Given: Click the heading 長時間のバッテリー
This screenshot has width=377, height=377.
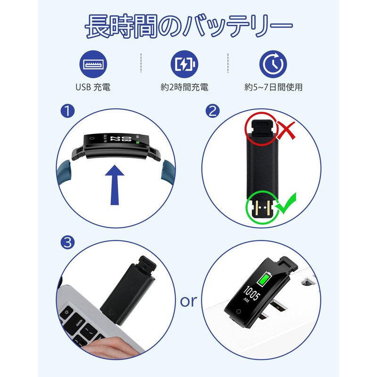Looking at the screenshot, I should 188,27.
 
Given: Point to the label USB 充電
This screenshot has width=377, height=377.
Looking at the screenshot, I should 93,87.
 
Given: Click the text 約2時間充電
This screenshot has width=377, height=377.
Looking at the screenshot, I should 184,87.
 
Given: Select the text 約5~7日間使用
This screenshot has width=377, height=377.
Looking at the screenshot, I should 273,87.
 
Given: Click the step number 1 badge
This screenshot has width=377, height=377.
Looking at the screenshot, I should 68,112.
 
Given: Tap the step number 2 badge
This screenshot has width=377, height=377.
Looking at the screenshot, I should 213,112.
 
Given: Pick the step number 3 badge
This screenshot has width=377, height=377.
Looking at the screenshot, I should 68,243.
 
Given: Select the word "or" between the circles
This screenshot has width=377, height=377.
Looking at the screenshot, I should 188,301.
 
